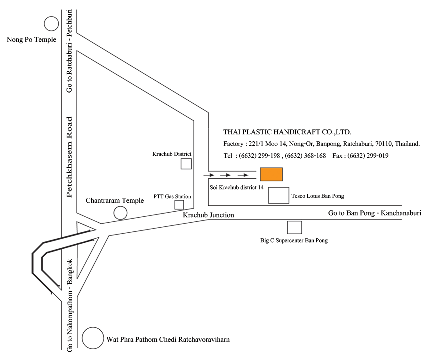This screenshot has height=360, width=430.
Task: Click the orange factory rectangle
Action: (x=271, y=174)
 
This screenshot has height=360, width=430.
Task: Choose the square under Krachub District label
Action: (x=186, y=164)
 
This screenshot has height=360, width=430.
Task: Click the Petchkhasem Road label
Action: (x=70, y=157)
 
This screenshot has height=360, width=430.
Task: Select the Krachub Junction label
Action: (x=208, y=215)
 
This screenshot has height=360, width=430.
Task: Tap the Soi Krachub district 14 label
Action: (x=237, y=188)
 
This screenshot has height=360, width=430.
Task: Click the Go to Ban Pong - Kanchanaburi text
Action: (x=375, y=213)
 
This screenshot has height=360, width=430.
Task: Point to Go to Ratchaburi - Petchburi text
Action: (x=69, y=51)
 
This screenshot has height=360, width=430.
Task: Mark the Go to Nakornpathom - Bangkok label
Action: (x=70, y=305)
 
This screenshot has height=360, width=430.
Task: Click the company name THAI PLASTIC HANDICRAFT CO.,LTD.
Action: (x=287, y=132)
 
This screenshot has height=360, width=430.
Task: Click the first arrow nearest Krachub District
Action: (x=209, y=175)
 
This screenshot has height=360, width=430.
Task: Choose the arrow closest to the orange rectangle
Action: (x=243, y=175)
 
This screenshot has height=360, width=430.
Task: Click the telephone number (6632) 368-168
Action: (x=306, y=156)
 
